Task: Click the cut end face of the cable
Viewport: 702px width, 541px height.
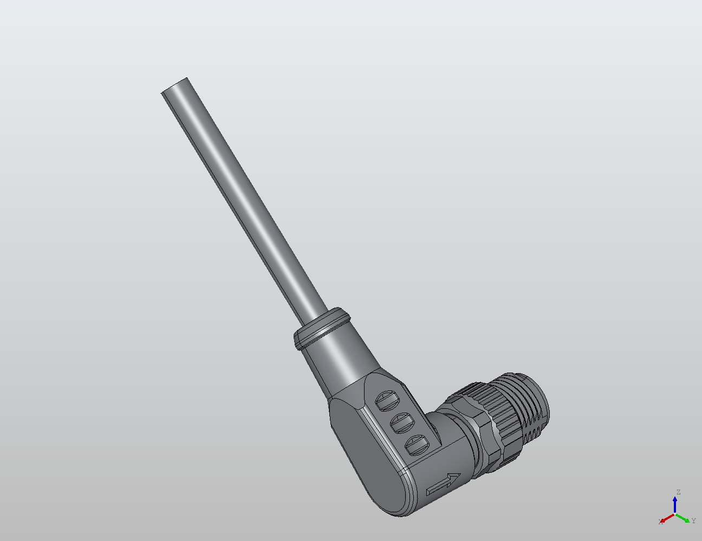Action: (175, 86)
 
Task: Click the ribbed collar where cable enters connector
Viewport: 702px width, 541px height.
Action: (321, 329)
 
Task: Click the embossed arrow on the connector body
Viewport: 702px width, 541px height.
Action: (444, 484)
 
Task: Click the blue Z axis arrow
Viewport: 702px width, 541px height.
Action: (675, 504)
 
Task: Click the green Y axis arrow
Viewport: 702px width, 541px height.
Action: (684, 518)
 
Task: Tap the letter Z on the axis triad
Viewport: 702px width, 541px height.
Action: (678, 492)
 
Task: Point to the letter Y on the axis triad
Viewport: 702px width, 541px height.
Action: (693, 521)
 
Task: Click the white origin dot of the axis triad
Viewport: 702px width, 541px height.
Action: (675, 513)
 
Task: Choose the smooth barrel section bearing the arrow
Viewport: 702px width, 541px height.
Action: (444, 460)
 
